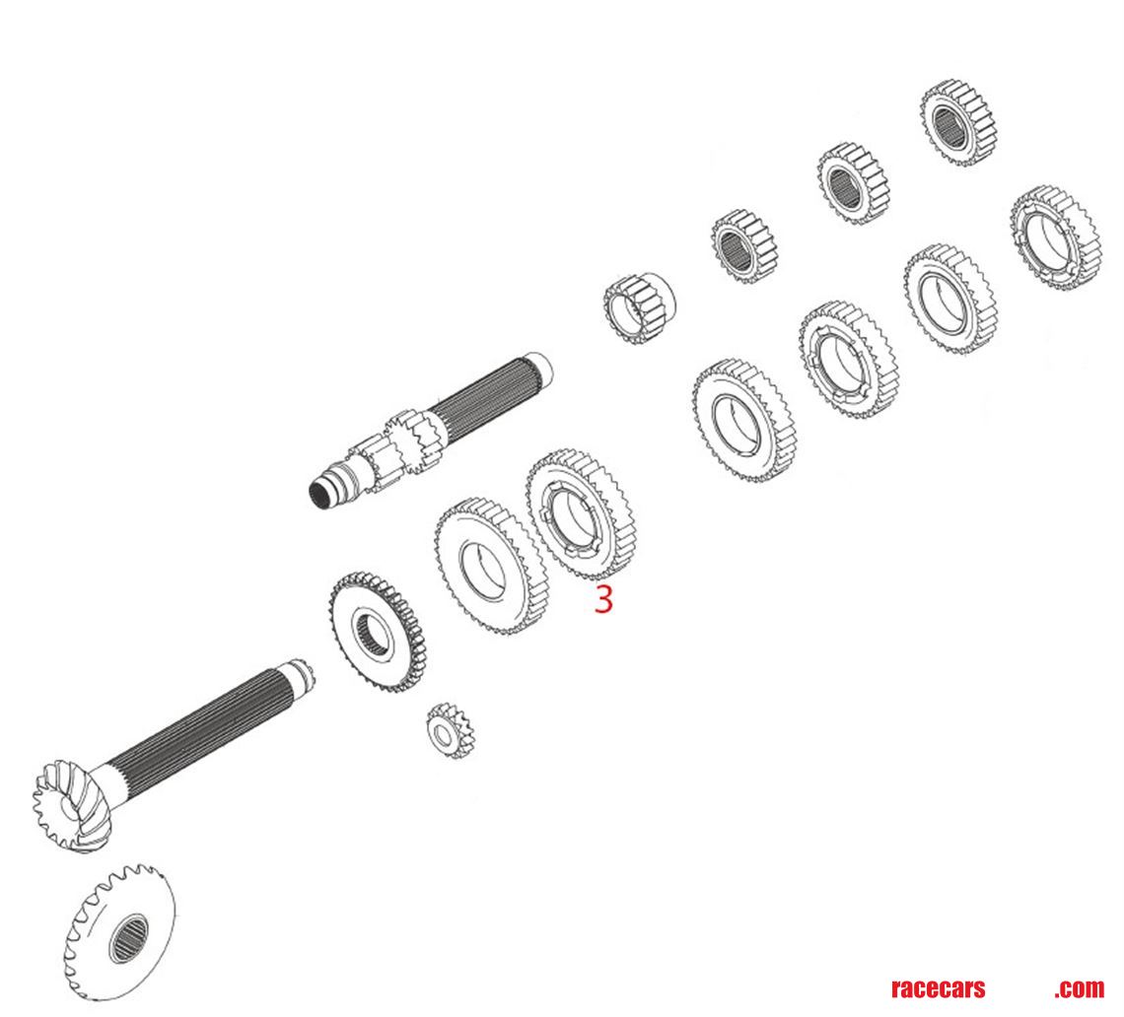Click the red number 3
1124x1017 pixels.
(x=602, y=599)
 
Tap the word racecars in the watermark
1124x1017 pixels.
(x=937, y=988)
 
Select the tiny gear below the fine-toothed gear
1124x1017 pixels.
(x=451, y=730)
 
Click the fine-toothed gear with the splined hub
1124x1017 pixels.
(x=376, y=634)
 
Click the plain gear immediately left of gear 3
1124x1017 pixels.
(x=490, y=565)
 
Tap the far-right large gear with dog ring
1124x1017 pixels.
(x=1054, y=237)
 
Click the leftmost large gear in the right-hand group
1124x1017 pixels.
(x=743, y=420)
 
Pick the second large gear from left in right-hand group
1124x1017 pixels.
(x=847, y=361)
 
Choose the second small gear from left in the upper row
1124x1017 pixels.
(x=744, y=243)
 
